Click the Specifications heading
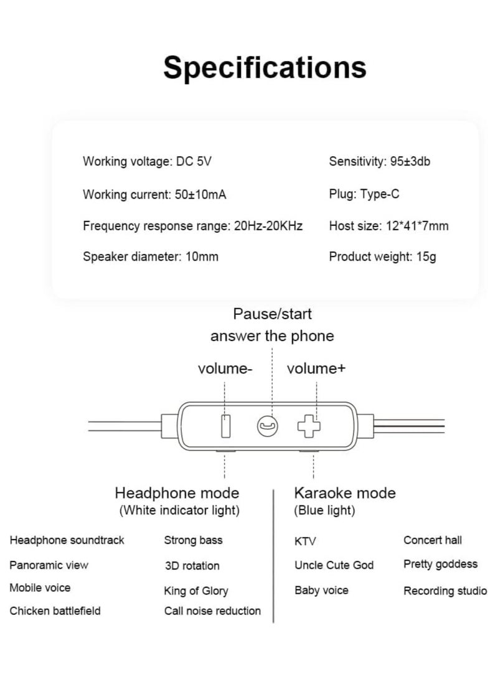point(265,67)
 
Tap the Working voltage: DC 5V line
point(147,162)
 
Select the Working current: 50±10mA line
point(154,195)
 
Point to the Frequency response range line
point(192,226)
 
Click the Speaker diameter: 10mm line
point(151,256)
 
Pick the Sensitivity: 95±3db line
point(380,162)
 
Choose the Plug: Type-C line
point(364,194)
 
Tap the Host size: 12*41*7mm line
point(388,226)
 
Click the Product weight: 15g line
point(382,256)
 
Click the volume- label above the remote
point(225,368)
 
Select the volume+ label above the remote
point(316,368)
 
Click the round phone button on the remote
point(267,426)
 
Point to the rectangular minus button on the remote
point(225,426)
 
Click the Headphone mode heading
point(177,494)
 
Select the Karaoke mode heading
point(344,494)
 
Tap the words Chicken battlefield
point(55,611)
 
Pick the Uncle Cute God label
point(334,565)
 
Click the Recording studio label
point(445,591)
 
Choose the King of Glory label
point(196,591)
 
